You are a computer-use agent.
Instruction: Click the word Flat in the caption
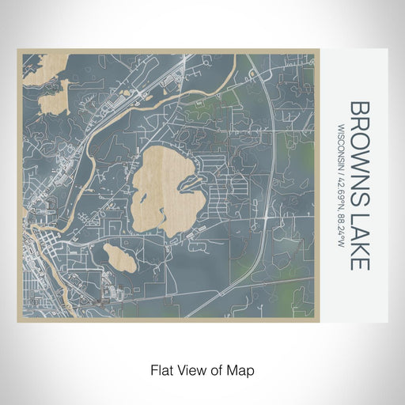pos(161,369)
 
